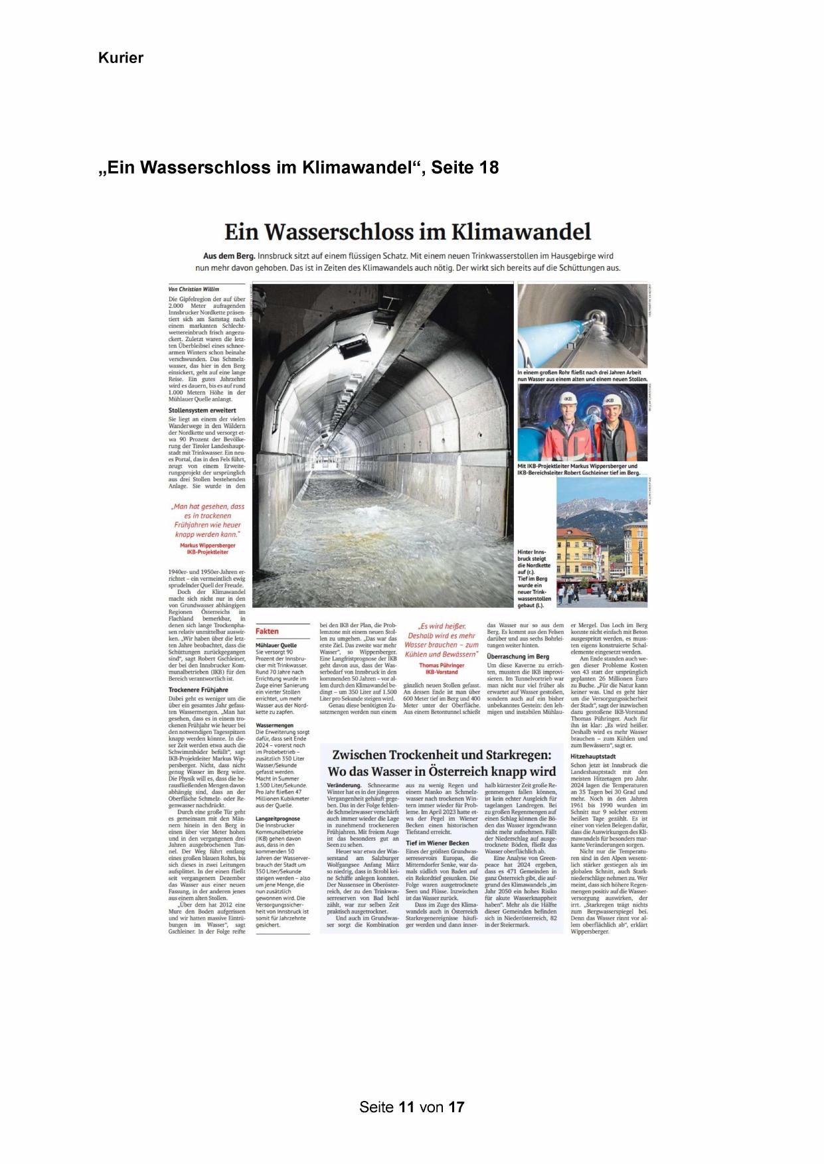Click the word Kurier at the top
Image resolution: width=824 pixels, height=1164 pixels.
tap(121, 58)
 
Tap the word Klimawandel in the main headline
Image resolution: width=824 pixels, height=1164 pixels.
tap(521, 232)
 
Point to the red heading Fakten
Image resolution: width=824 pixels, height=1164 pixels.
tap(267, 631)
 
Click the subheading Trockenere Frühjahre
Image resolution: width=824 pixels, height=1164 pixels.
tap(199, 690)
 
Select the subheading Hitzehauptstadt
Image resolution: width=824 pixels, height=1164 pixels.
tap(593, 756)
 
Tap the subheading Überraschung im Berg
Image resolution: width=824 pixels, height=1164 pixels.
tap(518, 656)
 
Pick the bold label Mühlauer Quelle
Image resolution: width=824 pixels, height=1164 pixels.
tap(276, 644)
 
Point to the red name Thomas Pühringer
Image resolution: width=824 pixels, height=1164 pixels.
tap(442, 665)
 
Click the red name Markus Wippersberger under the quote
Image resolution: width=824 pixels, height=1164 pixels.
tap(208, 545)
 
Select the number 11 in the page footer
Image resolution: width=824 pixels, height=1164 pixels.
tap(407, 1107)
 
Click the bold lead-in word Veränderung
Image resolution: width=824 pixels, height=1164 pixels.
tap(343, 785)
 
